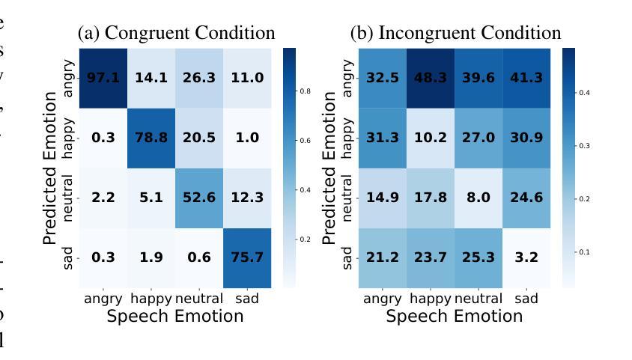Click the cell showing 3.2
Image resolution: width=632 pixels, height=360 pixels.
click(530, 257)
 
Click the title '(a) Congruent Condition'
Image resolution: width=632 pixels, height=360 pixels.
click(177, 34)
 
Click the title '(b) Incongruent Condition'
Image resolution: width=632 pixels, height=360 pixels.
click(456, 34)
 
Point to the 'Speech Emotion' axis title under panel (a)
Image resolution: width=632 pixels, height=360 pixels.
click(175, 316)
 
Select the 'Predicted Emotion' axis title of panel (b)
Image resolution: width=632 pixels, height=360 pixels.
click(330, 168)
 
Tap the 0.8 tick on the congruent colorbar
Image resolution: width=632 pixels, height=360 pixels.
click(306, 91)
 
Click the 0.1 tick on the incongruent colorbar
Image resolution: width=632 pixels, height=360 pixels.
click(584, 252)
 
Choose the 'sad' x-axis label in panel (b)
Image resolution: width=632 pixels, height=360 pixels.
click(530, 299)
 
